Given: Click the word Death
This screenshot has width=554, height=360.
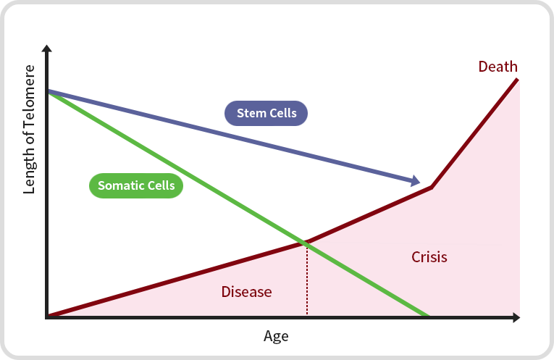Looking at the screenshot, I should pos(498,67).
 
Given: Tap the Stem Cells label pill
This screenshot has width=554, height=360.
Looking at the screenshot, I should pos(266,113).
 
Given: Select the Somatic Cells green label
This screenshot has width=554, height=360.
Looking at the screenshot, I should pos(136,185).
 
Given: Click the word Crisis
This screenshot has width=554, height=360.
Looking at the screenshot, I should pos(429,257).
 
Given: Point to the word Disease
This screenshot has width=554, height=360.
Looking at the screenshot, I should pos(246,292).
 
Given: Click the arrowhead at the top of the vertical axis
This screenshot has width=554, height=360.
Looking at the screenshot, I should pos(47,49).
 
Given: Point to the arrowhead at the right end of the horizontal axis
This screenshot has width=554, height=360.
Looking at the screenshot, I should pos(516,317).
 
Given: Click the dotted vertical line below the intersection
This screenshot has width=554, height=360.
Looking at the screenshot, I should pos(307,282).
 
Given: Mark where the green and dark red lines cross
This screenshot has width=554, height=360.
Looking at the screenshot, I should pos(306,243).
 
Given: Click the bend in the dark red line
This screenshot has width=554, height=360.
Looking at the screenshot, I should pos(432,188).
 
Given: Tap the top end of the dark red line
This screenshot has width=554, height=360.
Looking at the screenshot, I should pos(518,78).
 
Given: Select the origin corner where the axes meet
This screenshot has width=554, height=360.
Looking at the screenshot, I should pos(48,317).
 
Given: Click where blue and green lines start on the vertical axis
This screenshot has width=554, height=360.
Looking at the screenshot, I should pos(48,91).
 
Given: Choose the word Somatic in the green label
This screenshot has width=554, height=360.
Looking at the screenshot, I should pos(119,185).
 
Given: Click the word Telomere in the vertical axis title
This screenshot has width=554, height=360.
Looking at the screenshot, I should pos(30,101).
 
